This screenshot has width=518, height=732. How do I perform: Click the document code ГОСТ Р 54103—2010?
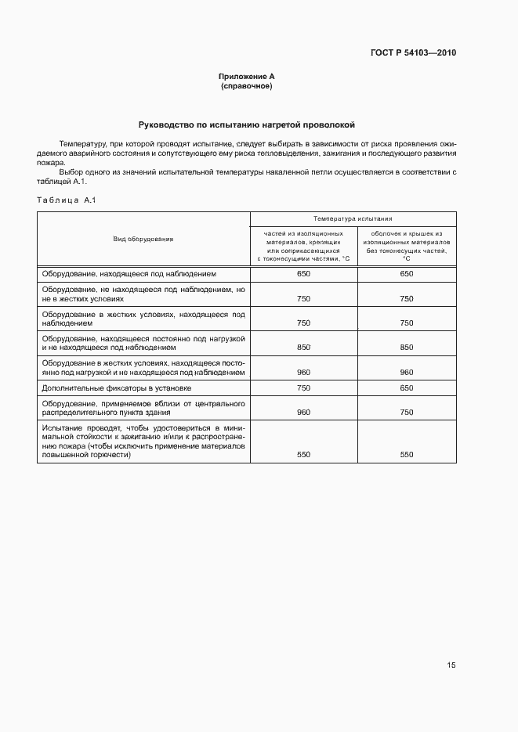point(413,53)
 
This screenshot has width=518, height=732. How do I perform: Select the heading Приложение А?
point(247,77)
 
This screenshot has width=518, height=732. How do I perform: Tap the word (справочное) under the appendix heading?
point(247,85)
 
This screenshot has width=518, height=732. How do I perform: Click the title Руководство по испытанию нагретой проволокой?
point(247,124)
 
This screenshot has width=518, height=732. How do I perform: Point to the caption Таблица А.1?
point(66,200)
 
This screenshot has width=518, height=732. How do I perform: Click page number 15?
point(451,665)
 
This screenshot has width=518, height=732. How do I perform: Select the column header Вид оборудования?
point(143,239)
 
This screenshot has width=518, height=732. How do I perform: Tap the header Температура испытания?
point(353,220)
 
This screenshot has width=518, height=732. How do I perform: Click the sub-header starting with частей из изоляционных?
point(302,246)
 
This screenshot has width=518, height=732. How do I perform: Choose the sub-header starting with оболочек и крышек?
point(407,246)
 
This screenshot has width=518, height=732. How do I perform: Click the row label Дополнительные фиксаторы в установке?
point(118,388)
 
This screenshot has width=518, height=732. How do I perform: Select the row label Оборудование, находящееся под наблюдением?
point(123,274)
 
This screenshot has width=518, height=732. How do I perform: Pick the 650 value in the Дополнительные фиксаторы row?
point(407,388)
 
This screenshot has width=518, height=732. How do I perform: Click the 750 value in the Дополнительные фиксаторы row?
point(303,388)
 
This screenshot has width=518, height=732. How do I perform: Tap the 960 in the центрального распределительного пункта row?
point(303,412)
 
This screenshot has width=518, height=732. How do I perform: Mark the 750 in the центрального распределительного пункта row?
point(407,412)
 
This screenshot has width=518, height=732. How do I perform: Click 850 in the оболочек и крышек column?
point(407,348)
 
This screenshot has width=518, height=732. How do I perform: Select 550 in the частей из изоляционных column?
point(303,454)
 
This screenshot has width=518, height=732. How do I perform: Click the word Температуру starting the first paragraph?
point(80,144)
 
